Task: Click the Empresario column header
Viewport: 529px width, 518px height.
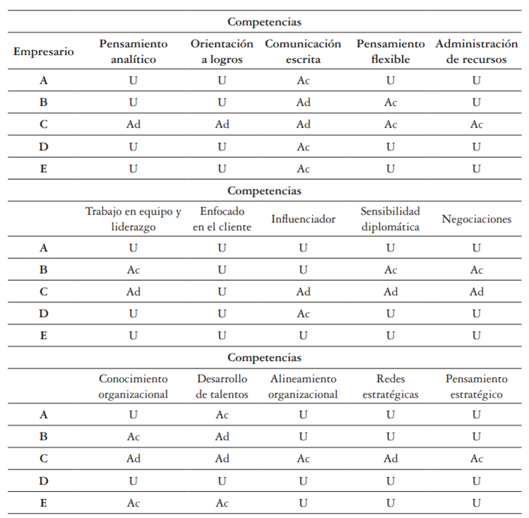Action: click(x=44, y=52)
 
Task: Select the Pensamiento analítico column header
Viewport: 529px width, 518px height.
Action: click(x=133, y=52)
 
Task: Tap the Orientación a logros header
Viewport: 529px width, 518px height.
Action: click(x=221, y=52)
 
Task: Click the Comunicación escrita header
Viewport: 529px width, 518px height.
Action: click(x=303, y=52)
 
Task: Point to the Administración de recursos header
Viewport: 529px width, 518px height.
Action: click(x=476, y=52)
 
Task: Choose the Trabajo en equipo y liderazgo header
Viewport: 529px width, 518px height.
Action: click(x=133, y=219)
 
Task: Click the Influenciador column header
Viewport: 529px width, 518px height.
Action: click(x=303, y=219)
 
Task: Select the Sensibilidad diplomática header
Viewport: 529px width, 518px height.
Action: click(x=390, y=219)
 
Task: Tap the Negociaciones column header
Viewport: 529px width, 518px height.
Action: click(x=476, y=219)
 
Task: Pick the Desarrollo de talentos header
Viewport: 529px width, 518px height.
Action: click(x=222, y=386)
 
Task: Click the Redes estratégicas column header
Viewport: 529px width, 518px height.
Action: click(x=390, y=386)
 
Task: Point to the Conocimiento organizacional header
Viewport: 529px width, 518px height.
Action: click(x=133, y=386)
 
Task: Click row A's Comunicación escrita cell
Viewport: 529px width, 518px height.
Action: click(x=303, y=80)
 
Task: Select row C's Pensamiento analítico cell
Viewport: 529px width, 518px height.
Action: click(x=133, y=125)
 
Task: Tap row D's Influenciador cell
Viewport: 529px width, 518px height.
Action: click(x=303, y=313)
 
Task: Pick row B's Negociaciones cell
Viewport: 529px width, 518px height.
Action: click(x=476, y=270)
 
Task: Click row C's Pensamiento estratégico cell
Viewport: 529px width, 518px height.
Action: click(x=476, y=459)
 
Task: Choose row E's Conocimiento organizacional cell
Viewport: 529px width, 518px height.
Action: click(x=133, y=503)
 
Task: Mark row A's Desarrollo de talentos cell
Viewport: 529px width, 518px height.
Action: click(x=222, y=415)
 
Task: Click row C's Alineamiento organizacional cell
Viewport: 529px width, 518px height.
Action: click(x=303, y=459)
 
